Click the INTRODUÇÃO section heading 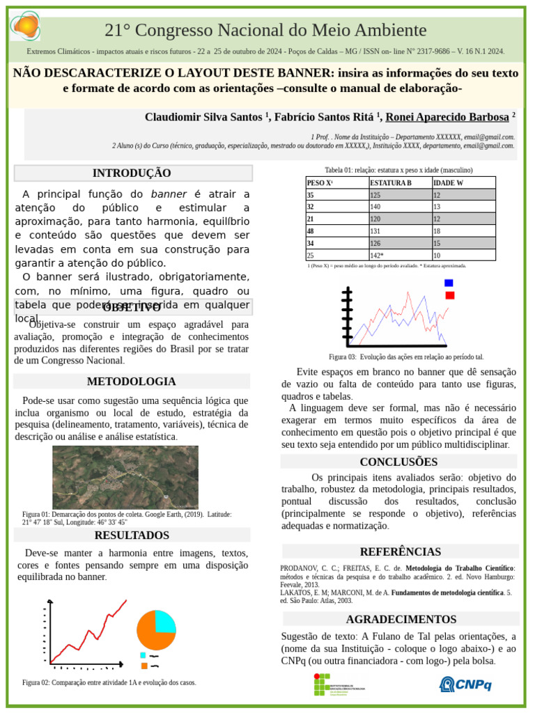(x=132, y=173)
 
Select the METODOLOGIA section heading (x=131, y=382)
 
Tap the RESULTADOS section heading (x=132, y=535)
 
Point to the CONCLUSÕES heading (x=398, y=462)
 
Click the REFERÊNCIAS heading (x=400, y=552)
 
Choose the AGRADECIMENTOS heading (x=401, y=619)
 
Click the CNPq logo (x=465, y=684)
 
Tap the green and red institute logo (x=339, y=684)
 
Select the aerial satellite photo (x=125, y=477)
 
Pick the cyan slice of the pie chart (x=165, y=620)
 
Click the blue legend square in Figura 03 (x=449, y=283)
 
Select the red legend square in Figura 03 (x=450, y=295)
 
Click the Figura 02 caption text (x=109, y=683)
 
